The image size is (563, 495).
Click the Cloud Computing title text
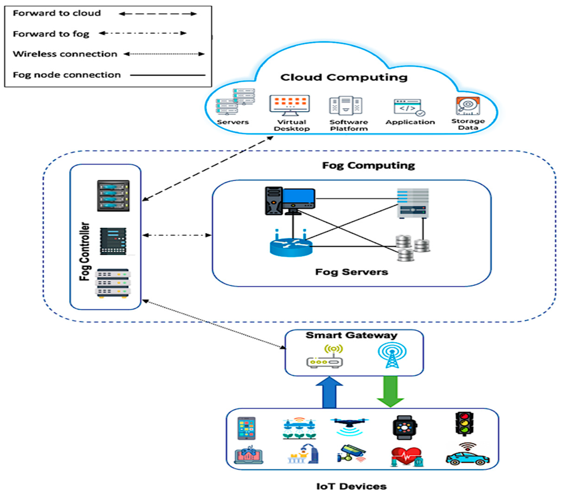(344, 77)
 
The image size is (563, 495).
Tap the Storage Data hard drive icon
(468, 106)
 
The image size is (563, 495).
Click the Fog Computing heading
(368, 165)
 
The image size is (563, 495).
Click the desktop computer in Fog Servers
(290, 201)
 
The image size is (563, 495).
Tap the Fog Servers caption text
(351, 272)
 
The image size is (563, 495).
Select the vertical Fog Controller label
(85, 251)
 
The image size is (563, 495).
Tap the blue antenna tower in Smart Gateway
(392, 355)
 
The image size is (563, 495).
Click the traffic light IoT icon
(464, 424)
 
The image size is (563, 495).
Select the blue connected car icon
(467, 458)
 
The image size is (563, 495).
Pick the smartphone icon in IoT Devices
(246, 428)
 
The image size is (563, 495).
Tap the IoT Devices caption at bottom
(351, 486)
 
